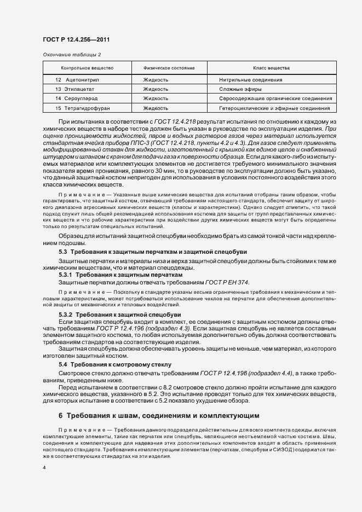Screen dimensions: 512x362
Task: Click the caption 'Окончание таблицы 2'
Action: coord(72,54)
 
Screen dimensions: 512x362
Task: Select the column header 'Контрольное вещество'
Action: coord(87,68)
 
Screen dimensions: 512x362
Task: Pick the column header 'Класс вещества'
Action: coord(271,68)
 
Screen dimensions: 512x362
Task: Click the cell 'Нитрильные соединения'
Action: coord(250,80)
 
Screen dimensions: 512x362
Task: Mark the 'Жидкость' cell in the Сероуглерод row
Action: coord(156,98)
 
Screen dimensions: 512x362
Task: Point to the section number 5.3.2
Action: coord(65,315)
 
